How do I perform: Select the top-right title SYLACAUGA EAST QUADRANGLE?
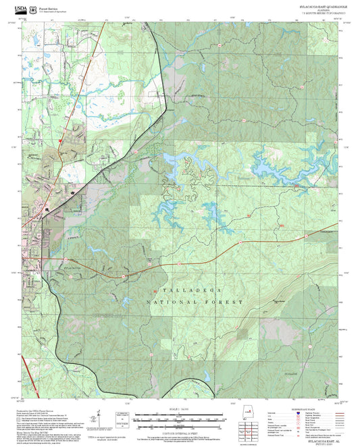click(x=321, y=6)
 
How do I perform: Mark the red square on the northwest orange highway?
click(x=62, y=140)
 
